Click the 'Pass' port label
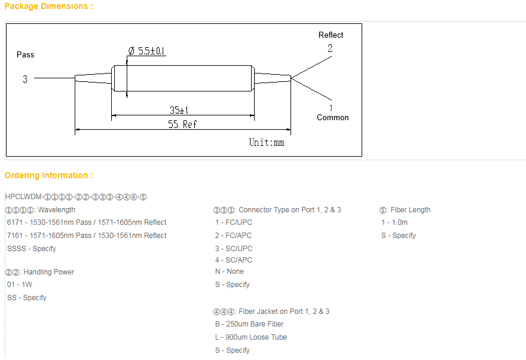26,54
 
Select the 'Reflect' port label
331,35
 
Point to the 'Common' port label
333,117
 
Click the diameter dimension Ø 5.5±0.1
146,51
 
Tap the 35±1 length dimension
179,110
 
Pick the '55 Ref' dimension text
182,124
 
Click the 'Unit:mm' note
267,142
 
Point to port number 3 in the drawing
25,79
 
